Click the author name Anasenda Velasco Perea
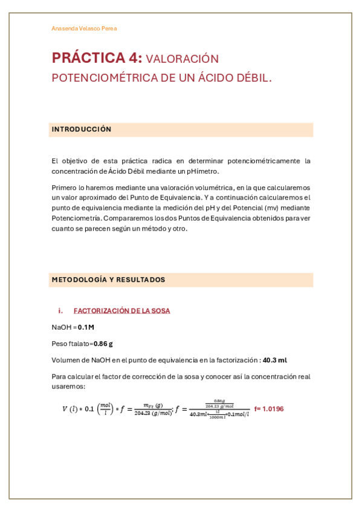[x=84, y=28]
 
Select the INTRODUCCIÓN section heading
[x=82, y=129]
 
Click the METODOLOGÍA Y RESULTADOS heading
[x=108, y=279]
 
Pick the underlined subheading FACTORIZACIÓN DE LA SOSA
[x=121, y=311]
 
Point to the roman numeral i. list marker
[x=60, y=311]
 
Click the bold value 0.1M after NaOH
[x=86, y=327]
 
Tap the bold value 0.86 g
[x=103, y=344]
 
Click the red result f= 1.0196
[x=269, y=409]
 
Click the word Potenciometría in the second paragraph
[x=76, y=218]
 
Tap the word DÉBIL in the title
[x=251, y=78]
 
